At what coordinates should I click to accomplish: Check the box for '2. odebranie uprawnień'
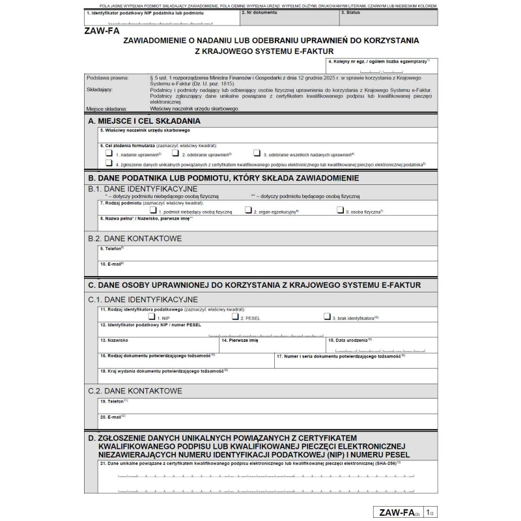176,154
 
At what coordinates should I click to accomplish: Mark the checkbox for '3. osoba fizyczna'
340,210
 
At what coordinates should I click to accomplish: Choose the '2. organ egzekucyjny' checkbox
248,210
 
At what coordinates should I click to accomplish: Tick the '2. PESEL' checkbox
235,317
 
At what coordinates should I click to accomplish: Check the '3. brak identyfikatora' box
327,317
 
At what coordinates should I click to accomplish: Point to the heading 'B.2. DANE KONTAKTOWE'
135,238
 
